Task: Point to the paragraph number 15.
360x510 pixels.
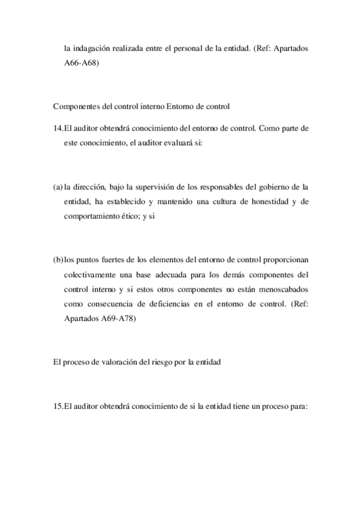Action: click(58, 406)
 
